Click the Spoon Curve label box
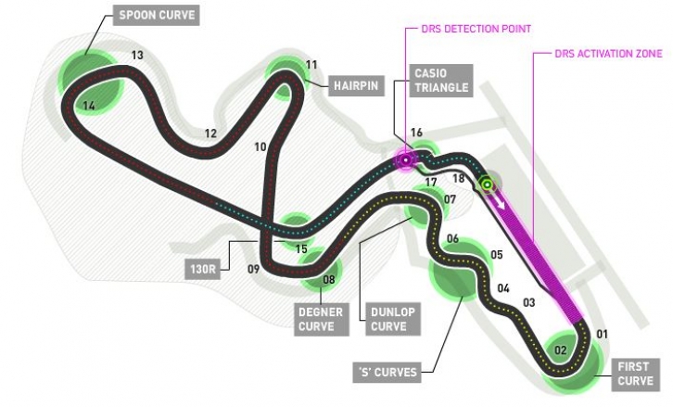157,16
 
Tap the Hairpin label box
356,86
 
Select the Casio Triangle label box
441,81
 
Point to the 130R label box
203,269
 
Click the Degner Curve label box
321,319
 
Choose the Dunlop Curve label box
392,319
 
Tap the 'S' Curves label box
387,372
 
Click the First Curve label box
635,374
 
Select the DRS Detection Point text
476,29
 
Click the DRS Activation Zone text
609,54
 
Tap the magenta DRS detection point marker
406,160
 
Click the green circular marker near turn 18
488,184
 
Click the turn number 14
89,105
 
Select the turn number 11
311,65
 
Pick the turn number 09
254,269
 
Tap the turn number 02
561,350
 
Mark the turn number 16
416,133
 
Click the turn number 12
210,134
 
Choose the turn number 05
497,255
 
